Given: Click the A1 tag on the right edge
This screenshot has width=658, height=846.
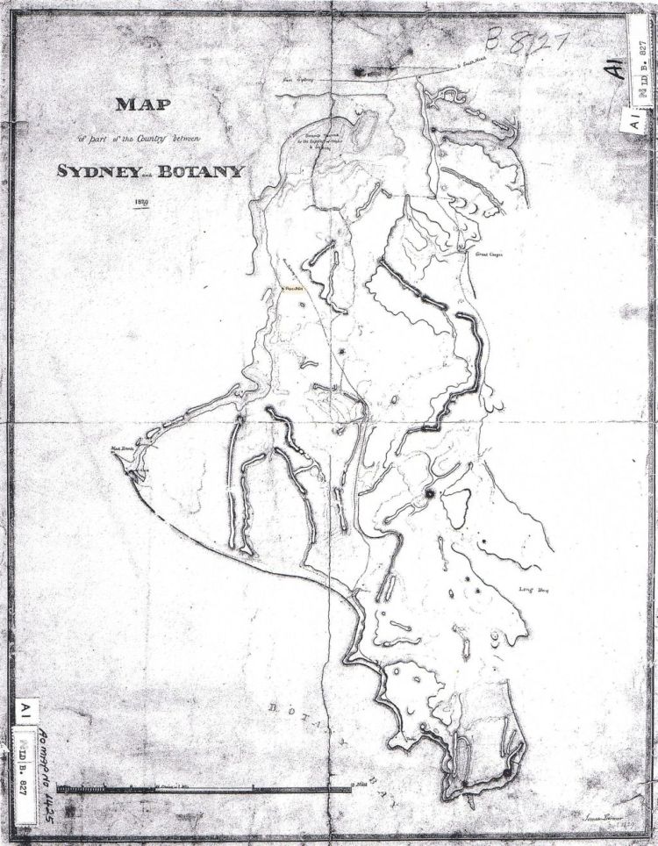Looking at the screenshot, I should point(633,122).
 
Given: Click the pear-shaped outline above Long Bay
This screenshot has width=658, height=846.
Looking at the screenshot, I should point(456,508).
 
